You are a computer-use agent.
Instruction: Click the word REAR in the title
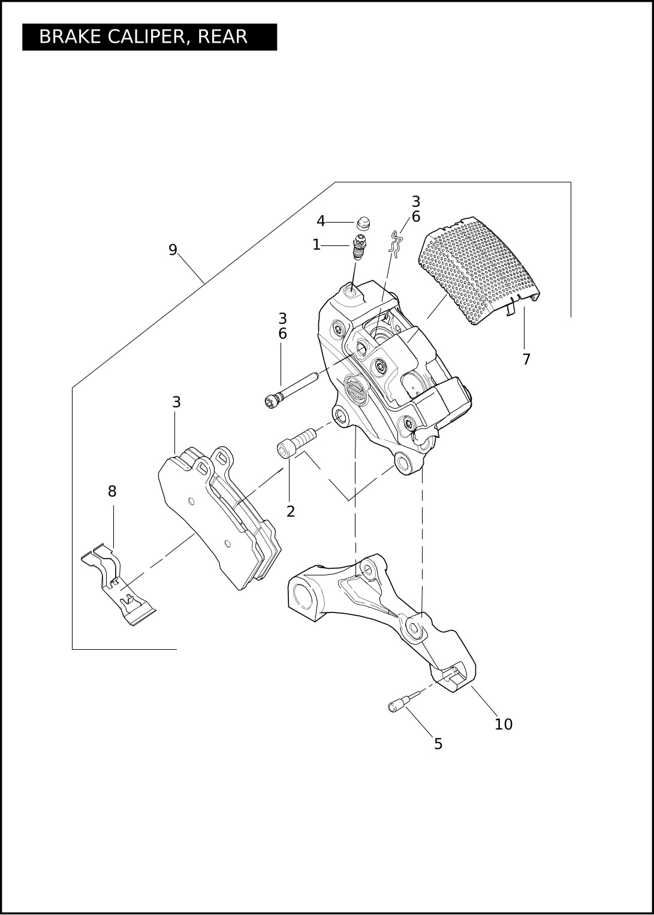pyautogui.click(x=223, y=37)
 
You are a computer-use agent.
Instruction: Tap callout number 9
pyautogui.click(x=173, y=250)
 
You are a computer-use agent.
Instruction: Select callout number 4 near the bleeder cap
pyautogui.click(x=321, y=221)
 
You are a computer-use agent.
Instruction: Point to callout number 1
pyautogui.click(x=317, y=245)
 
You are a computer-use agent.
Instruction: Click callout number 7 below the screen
pyautogui.click(x=526, y=359)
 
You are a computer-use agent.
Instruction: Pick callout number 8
pyautogui.click(x=112, y=491)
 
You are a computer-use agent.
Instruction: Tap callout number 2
pyautogui.click(x=291, y=511)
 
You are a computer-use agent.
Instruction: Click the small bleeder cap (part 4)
pyautogui.click(x=361, y=224)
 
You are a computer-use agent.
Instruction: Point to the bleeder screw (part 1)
pyautogui.click(x=358, y=248)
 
